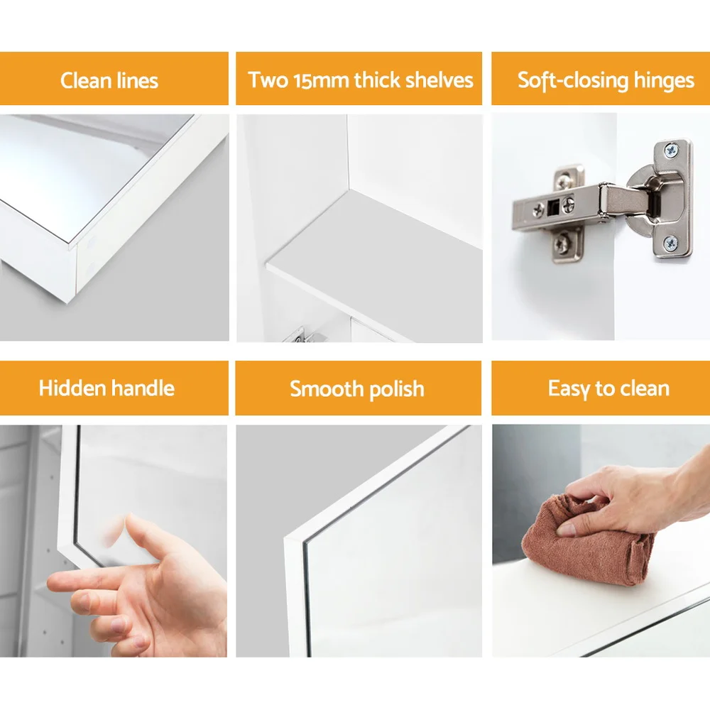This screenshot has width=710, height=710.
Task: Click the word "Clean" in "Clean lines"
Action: tap(86, 81)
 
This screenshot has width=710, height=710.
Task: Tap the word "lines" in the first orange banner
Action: tap(138, 81)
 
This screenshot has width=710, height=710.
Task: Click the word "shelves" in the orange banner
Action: tap(439, 80)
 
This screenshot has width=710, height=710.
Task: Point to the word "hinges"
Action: tap(664, 81)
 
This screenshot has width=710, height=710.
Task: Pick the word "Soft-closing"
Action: tap(573, 81)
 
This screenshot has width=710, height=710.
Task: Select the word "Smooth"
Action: tap(327, 388)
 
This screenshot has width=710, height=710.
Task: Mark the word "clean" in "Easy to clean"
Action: tap(645, 388)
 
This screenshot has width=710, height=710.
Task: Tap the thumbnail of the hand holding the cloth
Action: tap(601, 540)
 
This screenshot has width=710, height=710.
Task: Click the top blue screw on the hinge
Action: tap(671, 150)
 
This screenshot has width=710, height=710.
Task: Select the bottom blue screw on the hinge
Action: tap(671, 244)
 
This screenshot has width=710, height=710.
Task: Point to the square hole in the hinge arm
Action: tap(553, 208)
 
